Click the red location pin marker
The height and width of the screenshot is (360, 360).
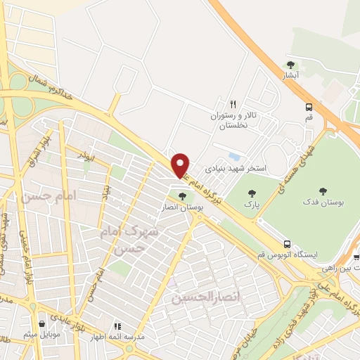point(181,165)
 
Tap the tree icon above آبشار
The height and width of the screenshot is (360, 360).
point(290,65)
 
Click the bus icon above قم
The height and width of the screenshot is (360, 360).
point(309,107)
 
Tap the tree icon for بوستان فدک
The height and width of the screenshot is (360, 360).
point(323,191)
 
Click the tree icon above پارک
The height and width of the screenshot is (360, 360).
point(250,193)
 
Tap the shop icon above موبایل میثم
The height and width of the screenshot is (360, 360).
point(43,324)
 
